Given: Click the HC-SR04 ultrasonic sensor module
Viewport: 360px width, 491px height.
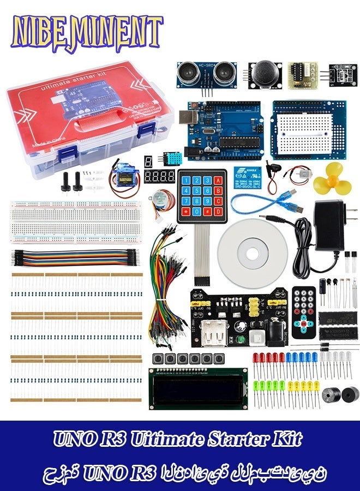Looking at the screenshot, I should [207, 74].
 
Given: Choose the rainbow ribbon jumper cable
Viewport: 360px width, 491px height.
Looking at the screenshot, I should [76, 257].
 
